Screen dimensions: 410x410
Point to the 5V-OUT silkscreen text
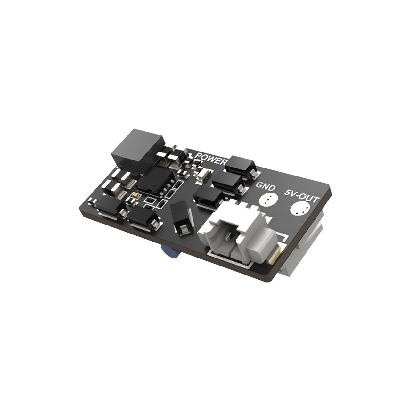click(x=302, y=196)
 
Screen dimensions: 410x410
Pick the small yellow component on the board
click(x=135, y=195)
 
